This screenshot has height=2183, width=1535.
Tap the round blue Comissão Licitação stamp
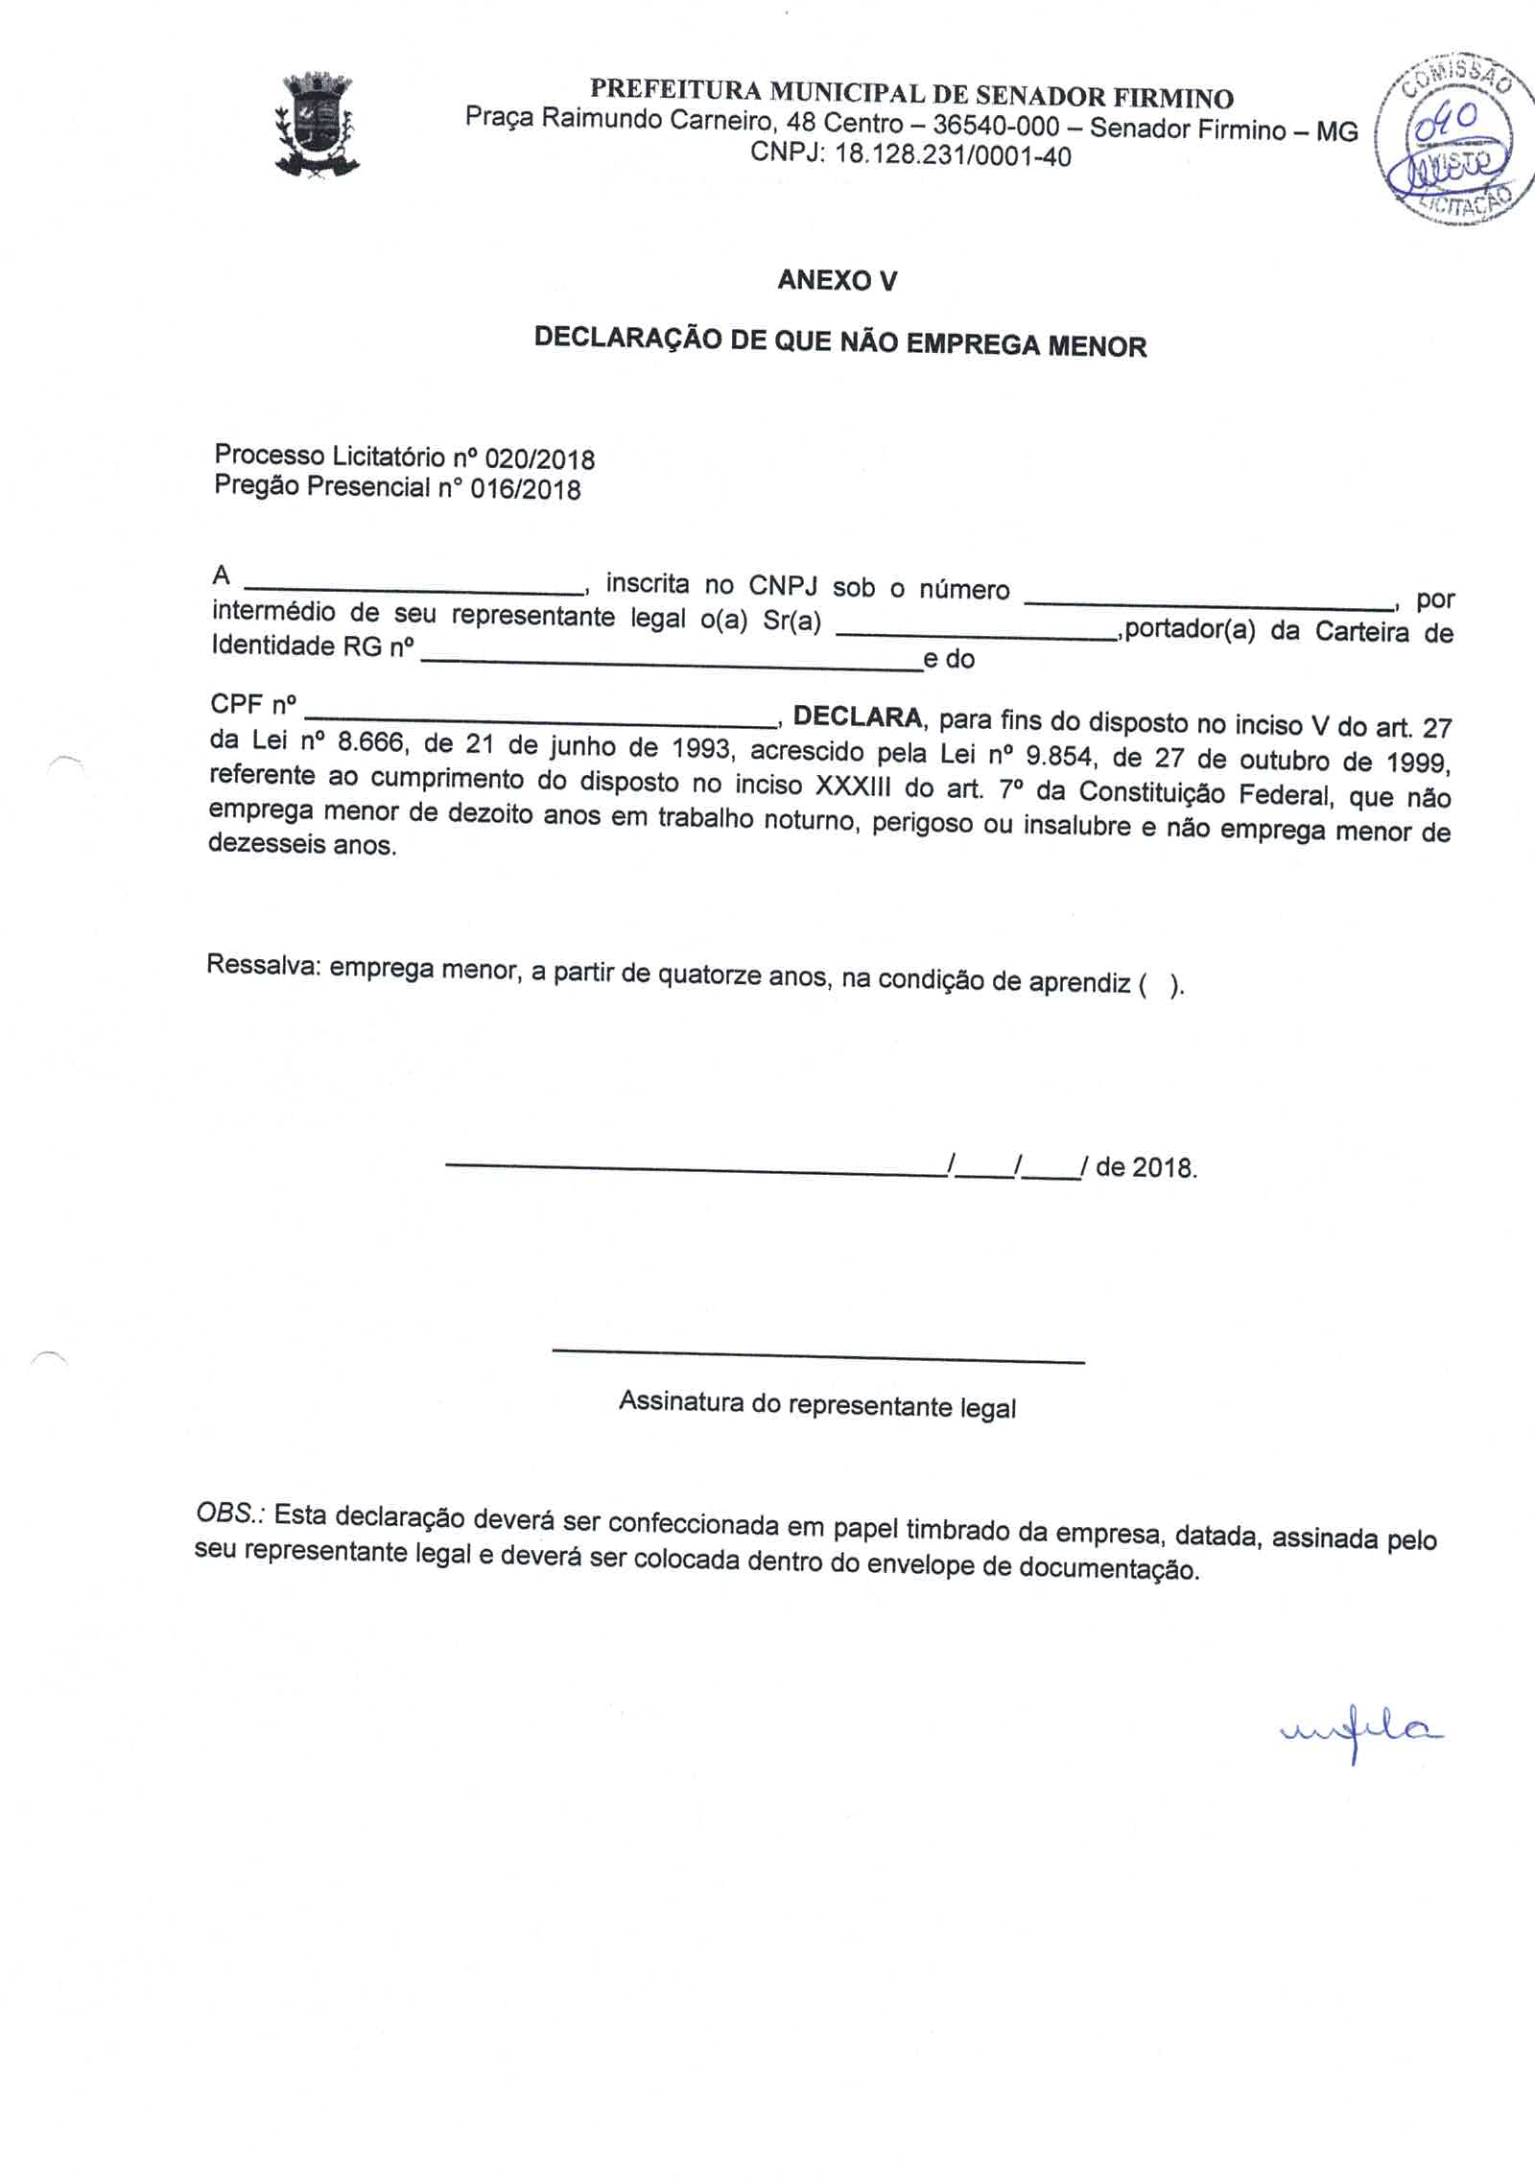(1449, 141)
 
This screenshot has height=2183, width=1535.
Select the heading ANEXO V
(837, 280)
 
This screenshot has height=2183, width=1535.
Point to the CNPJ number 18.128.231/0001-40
(953, 155)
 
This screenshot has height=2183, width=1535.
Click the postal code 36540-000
(996, 126)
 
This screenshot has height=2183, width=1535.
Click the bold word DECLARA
(858, 716)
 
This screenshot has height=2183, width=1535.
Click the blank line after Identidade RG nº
(671, 664)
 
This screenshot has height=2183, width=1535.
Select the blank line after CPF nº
(542, 720)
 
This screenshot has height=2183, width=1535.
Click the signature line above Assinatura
(817, 1356)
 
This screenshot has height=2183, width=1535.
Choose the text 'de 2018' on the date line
(1145, 1167)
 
